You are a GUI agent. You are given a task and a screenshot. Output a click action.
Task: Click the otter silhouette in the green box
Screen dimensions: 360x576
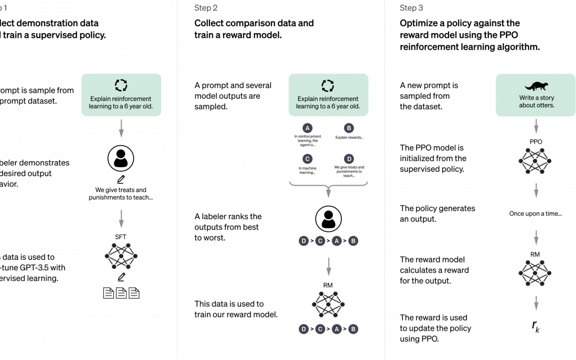click(535, 86)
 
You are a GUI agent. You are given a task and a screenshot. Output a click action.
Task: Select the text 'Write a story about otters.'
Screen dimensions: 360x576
click(536, 102)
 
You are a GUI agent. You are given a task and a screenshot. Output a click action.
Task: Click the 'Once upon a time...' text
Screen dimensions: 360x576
click(535, 213)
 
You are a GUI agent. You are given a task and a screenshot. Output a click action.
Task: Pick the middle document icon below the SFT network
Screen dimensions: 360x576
click(121, 293)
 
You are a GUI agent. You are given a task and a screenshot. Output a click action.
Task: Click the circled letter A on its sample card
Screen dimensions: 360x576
click(307, 128)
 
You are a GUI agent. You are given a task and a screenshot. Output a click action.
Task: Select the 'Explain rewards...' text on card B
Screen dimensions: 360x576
click(349, 138)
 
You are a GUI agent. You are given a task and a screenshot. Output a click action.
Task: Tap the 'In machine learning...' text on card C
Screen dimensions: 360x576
click(307, 171)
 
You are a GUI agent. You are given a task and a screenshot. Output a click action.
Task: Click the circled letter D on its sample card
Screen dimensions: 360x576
click(349, 158)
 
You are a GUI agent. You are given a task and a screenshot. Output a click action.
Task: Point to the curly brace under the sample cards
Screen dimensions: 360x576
click(328, 186)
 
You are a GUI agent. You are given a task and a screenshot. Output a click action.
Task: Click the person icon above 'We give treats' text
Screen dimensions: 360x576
click(121, 158)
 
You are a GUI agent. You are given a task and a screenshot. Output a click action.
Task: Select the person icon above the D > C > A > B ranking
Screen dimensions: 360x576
click(328, 219)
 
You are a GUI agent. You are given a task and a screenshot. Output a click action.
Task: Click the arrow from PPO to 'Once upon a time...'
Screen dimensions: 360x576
click(536, 189)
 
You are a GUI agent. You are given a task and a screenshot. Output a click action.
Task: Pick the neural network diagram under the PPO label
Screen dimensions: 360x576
click(535, 161)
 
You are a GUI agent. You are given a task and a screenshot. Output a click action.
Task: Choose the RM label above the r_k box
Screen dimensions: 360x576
click(535, 254)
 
